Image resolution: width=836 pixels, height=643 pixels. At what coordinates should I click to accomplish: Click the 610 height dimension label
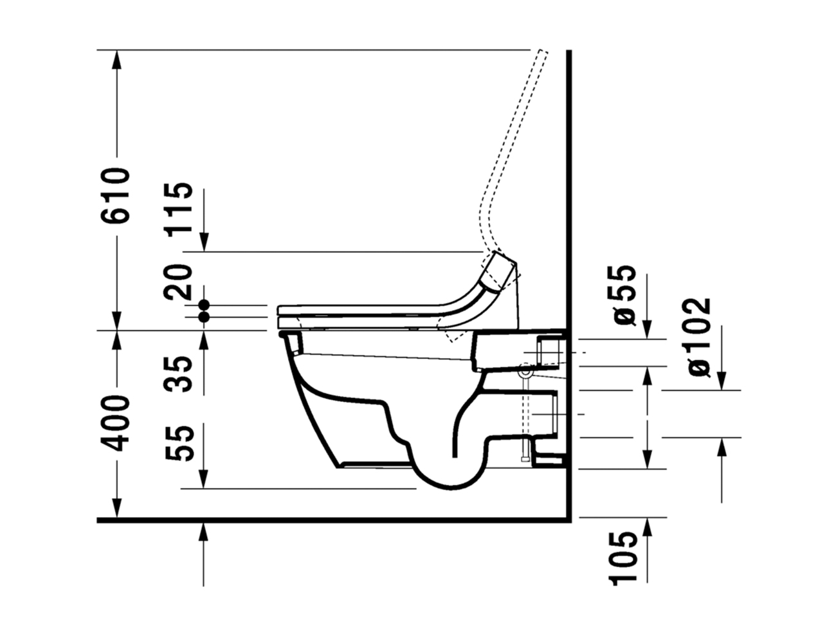click(114, 195)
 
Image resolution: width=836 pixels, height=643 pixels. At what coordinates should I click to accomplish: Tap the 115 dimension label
click(177, 208)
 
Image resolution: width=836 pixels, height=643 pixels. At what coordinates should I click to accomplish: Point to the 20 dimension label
click(177, 282)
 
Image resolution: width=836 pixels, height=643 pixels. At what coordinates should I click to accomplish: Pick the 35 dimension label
click(177, 374)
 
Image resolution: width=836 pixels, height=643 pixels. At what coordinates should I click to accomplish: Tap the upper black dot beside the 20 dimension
click(203, 305)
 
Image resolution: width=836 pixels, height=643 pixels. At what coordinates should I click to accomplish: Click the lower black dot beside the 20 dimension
click(203, 317)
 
